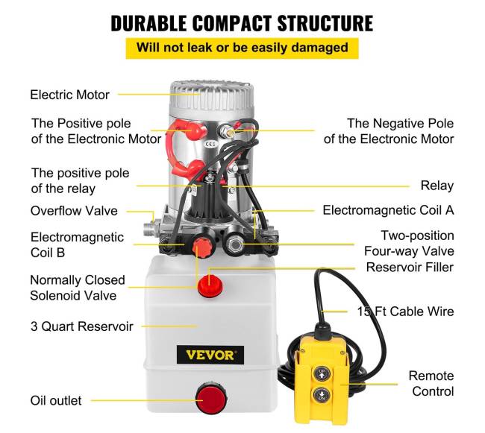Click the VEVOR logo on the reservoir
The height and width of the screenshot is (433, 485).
pos(210,355)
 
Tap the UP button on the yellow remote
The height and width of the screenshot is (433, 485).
pos(322,373)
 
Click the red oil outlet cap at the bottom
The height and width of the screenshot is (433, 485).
pos(211,398)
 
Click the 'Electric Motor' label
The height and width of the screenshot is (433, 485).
pos(70,95)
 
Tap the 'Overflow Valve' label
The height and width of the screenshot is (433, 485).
pos(74,211)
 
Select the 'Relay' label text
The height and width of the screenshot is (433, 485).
pos(437,186)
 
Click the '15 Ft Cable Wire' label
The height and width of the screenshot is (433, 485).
pos(405,312)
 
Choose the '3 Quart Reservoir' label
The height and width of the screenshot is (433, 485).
pos(81,326)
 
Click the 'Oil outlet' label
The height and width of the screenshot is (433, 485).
pos(56,400)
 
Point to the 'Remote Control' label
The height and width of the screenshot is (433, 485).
pos(431,384)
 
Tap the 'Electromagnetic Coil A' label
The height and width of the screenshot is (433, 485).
pos(388,210)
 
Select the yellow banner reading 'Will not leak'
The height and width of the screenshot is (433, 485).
pos(242,48)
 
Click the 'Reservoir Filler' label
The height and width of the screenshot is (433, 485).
pos(410,267)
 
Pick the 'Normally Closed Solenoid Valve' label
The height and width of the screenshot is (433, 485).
pos(78,288)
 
